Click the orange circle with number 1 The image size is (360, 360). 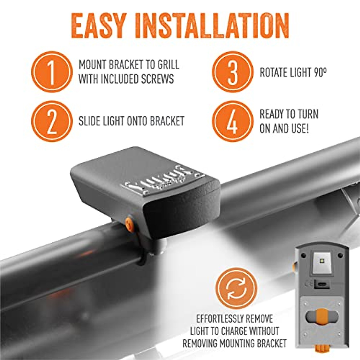52,72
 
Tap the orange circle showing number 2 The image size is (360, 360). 52,121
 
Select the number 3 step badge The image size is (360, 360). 232,72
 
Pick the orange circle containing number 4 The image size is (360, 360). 232,121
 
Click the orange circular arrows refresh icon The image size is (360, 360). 236,288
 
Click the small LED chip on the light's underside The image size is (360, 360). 322,261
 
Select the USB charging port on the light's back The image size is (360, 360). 322,283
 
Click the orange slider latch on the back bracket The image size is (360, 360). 322,316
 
